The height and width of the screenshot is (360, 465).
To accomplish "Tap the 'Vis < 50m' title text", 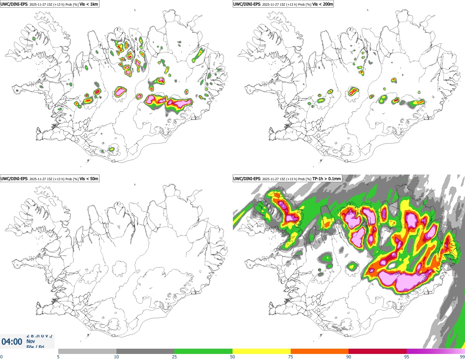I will [x=89, y=179].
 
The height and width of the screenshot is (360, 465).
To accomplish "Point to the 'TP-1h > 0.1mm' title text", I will [x=328, y=179].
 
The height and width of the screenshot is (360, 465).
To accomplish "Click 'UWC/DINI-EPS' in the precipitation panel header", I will [x=247, y=179].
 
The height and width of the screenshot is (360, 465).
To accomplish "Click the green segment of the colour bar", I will [x=203, y=351].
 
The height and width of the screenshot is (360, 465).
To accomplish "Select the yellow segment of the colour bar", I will [x=262, y=351].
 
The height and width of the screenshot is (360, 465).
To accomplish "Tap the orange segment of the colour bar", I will [x=319, y=351].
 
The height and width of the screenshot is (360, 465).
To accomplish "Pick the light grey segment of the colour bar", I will [x=87, y=351].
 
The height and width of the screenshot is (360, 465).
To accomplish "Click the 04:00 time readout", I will [x=12, y=342].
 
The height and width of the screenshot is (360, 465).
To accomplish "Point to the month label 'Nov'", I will [x=30, y=341].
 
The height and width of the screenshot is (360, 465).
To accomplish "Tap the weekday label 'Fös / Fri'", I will [x=36, y=346].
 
